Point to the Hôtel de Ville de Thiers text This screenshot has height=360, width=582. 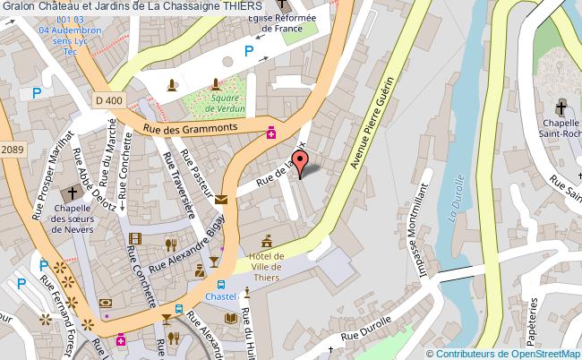coord(267,266)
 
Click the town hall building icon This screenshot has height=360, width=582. coord(267,241)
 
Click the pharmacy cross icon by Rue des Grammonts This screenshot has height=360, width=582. coord(269,133)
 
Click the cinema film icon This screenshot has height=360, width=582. coord(134,238)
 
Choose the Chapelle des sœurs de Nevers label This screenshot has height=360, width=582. coord(73,219)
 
